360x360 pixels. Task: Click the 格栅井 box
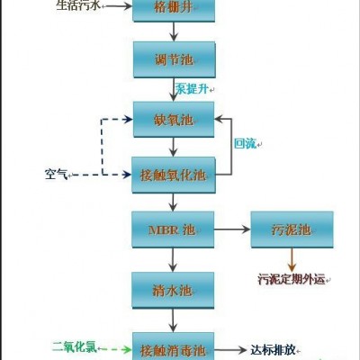point(174,10)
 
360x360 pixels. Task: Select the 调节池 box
point(174,59)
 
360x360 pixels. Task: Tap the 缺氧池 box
point(174,119)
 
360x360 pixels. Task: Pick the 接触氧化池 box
point(174,173)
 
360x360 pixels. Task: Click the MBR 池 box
point(174,229)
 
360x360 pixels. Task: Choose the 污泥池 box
point(292,229)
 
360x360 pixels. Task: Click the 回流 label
point(245,143)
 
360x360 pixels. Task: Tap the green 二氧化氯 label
point(79,346)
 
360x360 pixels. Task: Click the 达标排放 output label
point(275,346)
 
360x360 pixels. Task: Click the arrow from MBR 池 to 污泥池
point(232,229)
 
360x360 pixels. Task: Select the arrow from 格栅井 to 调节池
point(174,31)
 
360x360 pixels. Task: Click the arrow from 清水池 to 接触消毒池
point(174,319)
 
